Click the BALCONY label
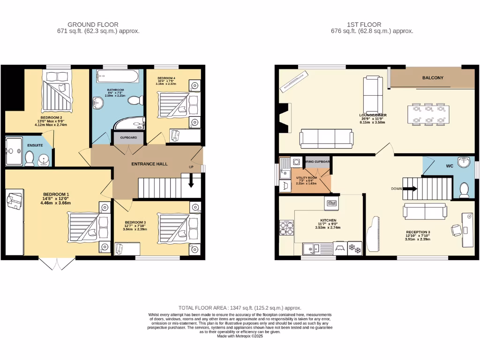[x=432, y=78]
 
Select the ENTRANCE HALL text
[x=149, y=164]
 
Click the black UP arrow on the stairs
[x=191, y=181]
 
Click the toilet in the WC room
[x=464, y=190]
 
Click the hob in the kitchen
[x=287, y=228]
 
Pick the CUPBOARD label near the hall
[x=128, y=138]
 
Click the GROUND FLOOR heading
[x=93, y=24]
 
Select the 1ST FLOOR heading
[x=364, y=24]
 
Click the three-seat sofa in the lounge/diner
[x=326, y=138]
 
